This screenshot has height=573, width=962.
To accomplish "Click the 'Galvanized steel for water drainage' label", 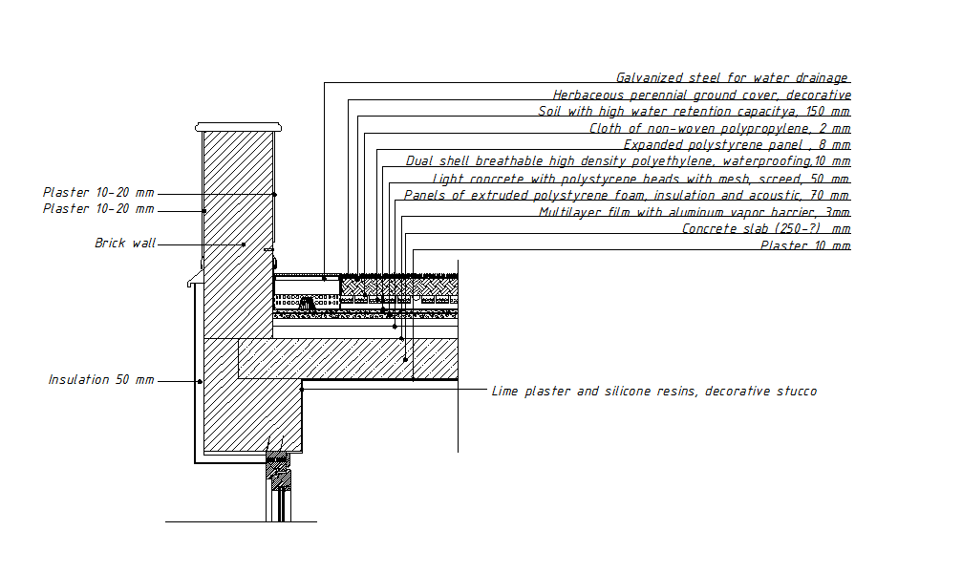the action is point(732,78).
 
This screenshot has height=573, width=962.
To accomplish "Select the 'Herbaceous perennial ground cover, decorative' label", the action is point(701,95).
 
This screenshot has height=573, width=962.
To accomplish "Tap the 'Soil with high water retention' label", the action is point(694,112).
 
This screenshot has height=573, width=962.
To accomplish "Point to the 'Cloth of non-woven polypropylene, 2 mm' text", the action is point(719,128).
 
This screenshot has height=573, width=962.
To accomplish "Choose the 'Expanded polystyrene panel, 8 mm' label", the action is point(737,145).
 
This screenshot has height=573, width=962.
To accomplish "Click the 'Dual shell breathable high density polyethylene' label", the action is point(628,161).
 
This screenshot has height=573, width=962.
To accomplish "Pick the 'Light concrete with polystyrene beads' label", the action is point(641,179).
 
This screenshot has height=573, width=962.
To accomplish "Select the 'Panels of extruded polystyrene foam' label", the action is point(627,195).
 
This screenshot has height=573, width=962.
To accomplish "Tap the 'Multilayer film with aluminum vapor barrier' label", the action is point(695,212).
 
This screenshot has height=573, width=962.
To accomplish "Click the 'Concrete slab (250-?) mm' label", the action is point(766,229).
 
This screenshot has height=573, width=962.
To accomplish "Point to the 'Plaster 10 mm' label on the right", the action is point(804,246).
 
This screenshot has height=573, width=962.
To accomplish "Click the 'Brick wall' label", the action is point(125,244).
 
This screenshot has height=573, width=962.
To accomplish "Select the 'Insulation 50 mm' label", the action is point(101,380).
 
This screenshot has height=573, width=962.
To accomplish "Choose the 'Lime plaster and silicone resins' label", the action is point(653,392).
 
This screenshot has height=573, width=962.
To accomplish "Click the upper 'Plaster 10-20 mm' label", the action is point(98,192).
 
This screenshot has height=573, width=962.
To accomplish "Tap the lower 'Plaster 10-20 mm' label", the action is point(98,208).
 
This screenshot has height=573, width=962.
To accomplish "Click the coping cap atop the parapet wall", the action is point(239,127).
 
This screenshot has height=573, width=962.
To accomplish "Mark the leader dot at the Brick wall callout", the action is point(244,244).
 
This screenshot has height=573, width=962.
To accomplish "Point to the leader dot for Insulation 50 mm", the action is point(199,382).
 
